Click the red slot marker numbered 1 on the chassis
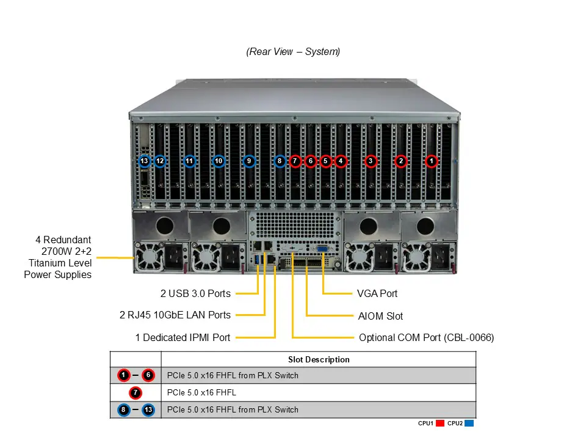432,161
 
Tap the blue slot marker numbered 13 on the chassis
145,161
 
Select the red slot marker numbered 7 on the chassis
295,161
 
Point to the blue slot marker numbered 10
219,161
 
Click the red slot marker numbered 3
371,161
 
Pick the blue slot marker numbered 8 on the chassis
280,161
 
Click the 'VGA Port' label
377,293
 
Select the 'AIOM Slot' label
380,316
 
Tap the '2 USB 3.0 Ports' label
195,293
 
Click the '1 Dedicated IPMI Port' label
183,337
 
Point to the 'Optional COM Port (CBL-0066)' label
426,337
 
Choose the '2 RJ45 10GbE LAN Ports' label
175,315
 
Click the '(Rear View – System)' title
293,52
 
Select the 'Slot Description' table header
319,359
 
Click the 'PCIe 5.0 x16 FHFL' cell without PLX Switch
201,392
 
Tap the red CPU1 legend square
440,423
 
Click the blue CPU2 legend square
469,423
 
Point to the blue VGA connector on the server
322,249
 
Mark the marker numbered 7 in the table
136,392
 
